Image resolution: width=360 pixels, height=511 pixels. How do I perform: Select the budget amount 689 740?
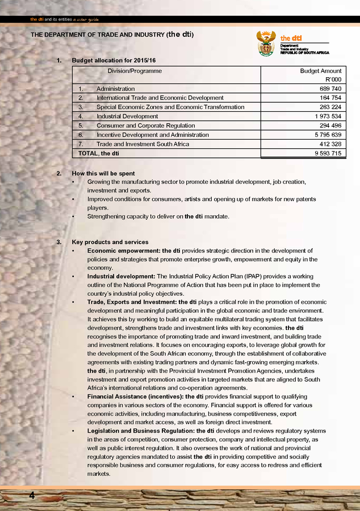click(x=329, y=89)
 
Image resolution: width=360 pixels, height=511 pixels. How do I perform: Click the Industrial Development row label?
click(x=127, y=116)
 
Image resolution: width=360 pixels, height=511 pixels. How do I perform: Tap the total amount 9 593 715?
click(x=328, y=153)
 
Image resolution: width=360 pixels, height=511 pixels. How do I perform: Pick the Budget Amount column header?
click(x=321, y=72)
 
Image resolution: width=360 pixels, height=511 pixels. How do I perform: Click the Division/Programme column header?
click(x=135, y=72)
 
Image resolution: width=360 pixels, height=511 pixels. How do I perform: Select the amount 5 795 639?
click(x=328, y=135)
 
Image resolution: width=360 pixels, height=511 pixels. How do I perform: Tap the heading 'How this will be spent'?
click(x=103, y=173)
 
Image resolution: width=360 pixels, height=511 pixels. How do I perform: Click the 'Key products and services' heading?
click(x=110, y=242)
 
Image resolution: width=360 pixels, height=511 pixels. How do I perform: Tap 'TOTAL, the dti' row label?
click(x=99, y=153)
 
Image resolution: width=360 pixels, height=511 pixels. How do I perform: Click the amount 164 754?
click(x=329, y=98)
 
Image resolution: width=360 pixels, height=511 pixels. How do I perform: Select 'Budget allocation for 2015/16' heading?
click(x=114, y=60)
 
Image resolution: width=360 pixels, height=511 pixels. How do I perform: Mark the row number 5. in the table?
click(x=81, y=126)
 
